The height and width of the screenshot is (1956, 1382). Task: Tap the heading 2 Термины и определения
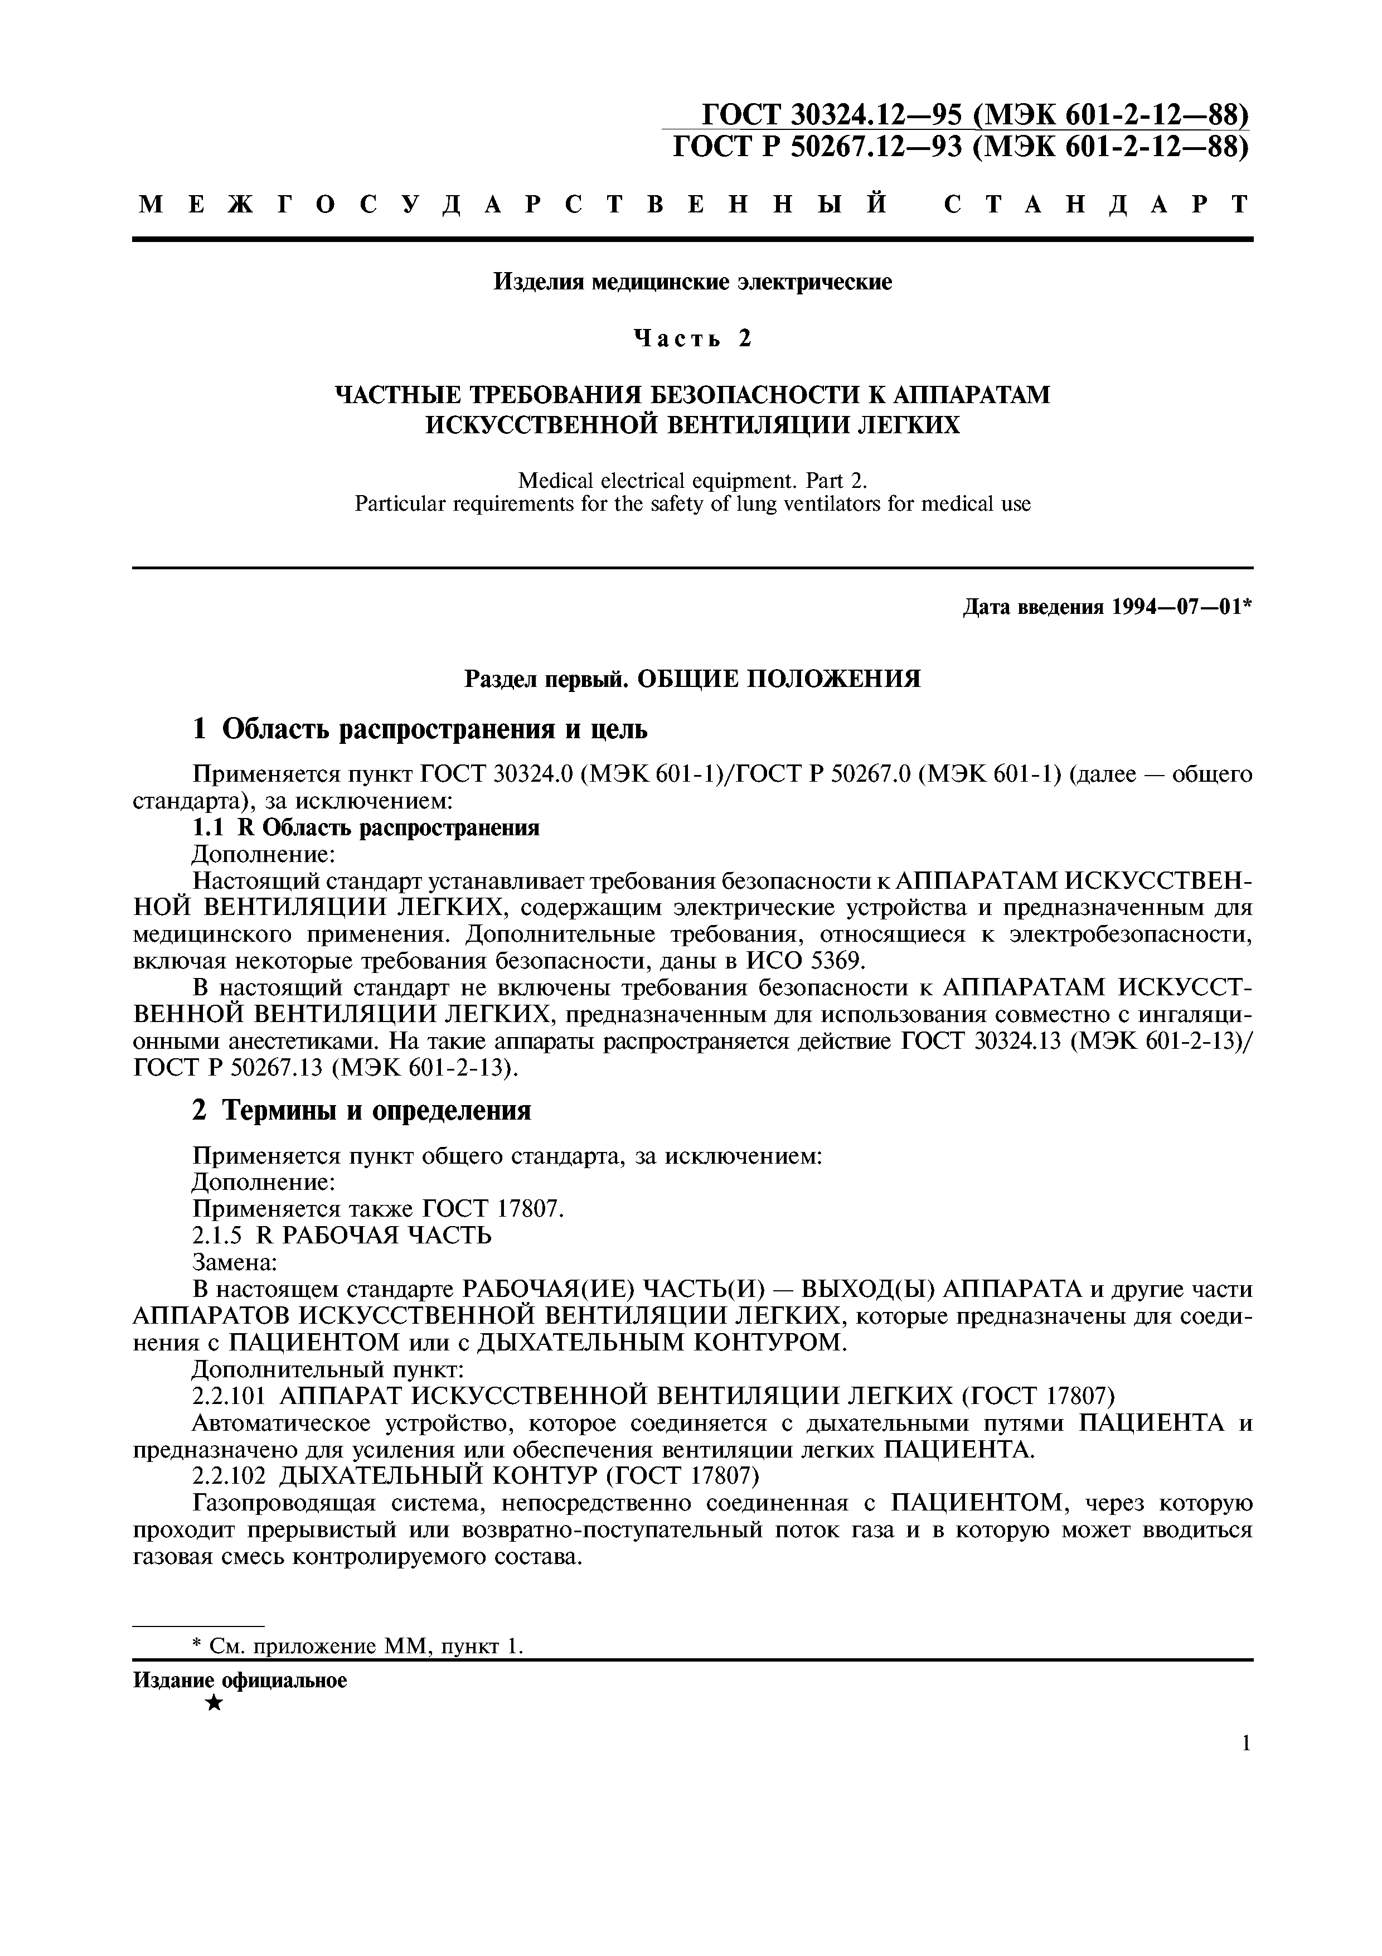coord(362,1111)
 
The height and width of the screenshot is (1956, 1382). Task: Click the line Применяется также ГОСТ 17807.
coord(378,1208)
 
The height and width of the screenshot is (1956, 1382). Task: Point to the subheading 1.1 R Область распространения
coord(366,827)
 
